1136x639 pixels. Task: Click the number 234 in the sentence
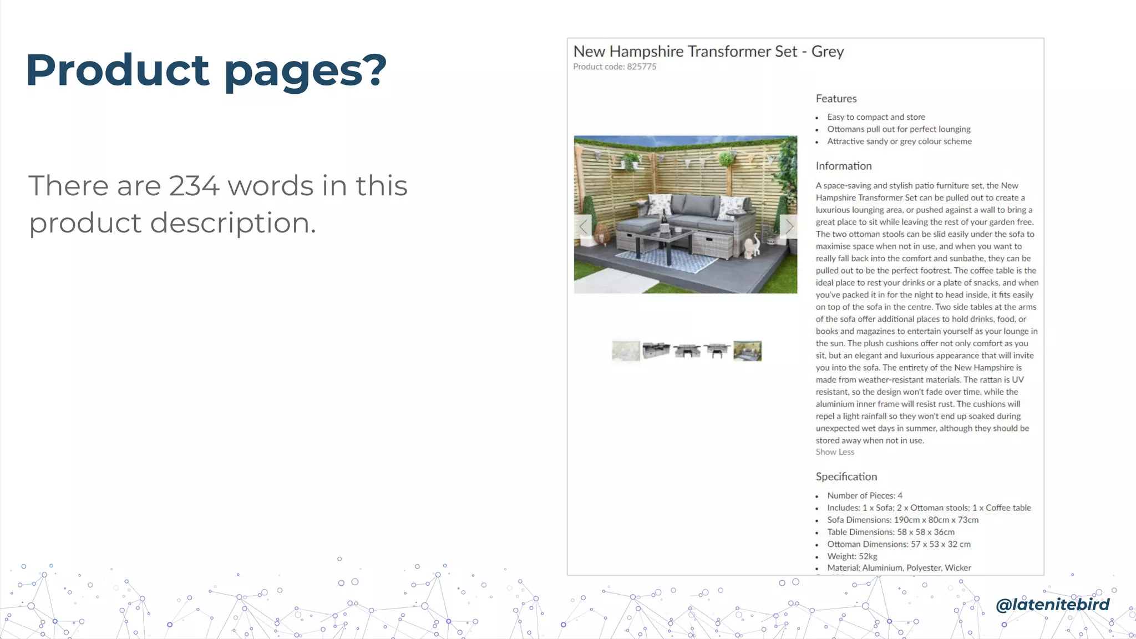[x=194, y=186]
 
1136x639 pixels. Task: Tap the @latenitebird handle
[x=1052, y=604]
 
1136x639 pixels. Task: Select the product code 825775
[x=641, y=67]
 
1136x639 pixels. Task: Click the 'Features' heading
[x=836, y=99]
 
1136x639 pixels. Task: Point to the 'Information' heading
[x=843, y=166]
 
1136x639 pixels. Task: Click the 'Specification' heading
[x=846, y=476]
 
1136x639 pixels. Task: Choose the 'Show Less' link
[x=835, y=452]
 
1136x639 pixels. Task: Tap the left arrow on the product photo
[x=583, y=226]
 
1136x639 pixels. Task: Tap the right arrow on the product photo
[x=788, y=226]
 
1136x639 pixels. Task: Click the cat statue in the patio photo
[x=752, y=246]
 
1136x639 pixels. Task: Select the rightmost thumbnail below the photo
[x=747, y=351]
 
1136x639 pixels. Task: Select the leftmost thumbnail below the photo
[x=626, y=351]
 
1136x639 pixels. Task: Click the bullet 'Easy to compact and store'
[x=876, y=117]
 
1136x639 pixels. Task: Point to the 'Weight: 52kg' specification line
[x=852, y=556]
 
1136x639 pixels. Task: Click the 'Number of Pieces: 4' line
[x=864, y=495]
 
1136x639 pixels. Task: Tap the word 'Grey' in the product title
[x=827, y=52]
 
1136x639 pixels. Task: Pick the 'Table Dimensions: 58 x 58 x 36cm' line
[x=890, y=532]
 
